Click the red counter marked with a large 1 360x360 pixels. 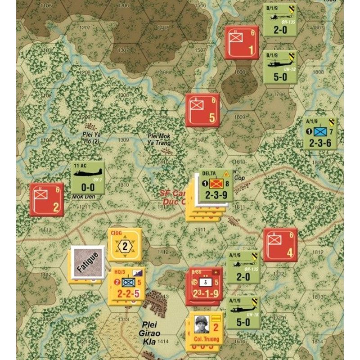click(242, 43)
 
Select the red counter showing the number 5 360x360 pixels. click(202, 110)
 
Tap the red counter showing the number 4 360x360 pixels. click(280, 245)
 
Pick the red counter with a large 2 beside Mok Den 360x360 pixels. click(46, 200)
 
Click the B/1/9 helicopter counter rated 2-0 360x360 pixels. click(280, 20)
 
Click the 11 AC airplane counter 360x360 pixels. click(87, 178)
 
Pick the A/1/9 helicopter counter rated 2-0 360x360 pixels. click(243, 267)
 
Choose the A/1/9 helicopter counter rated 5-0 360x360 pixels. click(243, 313)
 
